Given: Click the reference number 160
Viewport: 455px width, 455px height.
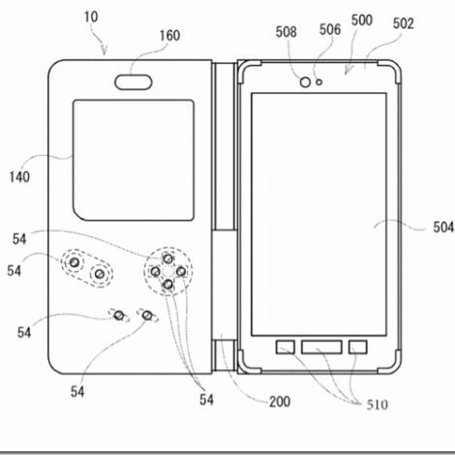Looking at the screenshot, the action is tap(169, 36).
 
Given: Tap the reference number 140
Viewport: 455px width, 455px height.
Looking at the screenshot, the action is tap(19, 177).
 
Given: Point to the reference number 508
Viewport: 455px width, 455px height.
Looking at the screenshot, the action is tap(286, 32).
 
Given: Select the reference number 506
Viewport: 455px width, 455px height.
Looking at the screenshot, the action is tap(330, 29).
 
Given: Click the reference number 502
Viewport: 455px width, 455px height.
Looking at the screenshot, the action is tap(404, 23).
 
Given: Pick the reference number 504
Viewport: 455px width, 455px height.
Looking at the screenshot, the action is tap(443, 227).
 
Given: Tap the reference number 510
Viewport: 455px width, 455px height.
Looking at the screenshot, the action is tap(377, 405).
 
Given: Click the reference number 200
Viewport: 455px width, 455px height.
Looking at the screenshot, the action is tap(280, 402).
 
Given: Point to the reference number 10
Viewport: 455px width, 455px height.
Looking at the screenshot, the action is tap(91, 16).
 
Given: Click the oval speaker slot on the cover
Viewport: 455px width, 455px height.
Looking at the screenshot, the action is tap(134, 82).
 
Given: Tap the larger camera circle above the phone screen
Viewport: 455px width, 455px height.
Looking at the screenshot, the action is tap(305, 82).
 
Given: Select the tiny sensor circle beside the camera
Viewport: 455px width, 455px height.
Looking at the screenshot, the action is tap(319, 82).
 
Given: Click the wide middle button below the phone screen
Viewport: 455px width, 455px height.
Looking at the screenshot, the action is tap(321, 348).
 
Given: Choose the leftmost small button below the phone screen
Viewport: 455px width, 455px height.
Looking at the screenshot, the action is tap(286, 348).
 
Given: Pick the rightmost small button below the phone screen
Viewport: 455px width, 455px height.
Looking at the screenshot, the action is tap(358, 348).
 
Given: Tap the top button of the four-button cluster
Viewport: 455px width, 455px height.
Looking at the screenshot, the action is tap(168, 258).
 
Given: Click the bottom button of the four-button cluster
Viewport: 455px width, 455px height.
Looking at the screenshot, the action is tap(168, 285).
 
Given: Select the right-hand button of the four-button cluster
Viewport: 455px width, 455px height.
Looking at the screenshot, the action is tap(181, 272).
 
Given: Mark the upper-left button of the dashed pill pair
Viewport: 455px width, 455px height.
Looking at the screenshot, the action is tap(75, 262).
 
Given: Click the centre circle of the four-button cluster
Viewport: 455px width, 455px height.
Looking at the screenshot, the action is tap(167, 272).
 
